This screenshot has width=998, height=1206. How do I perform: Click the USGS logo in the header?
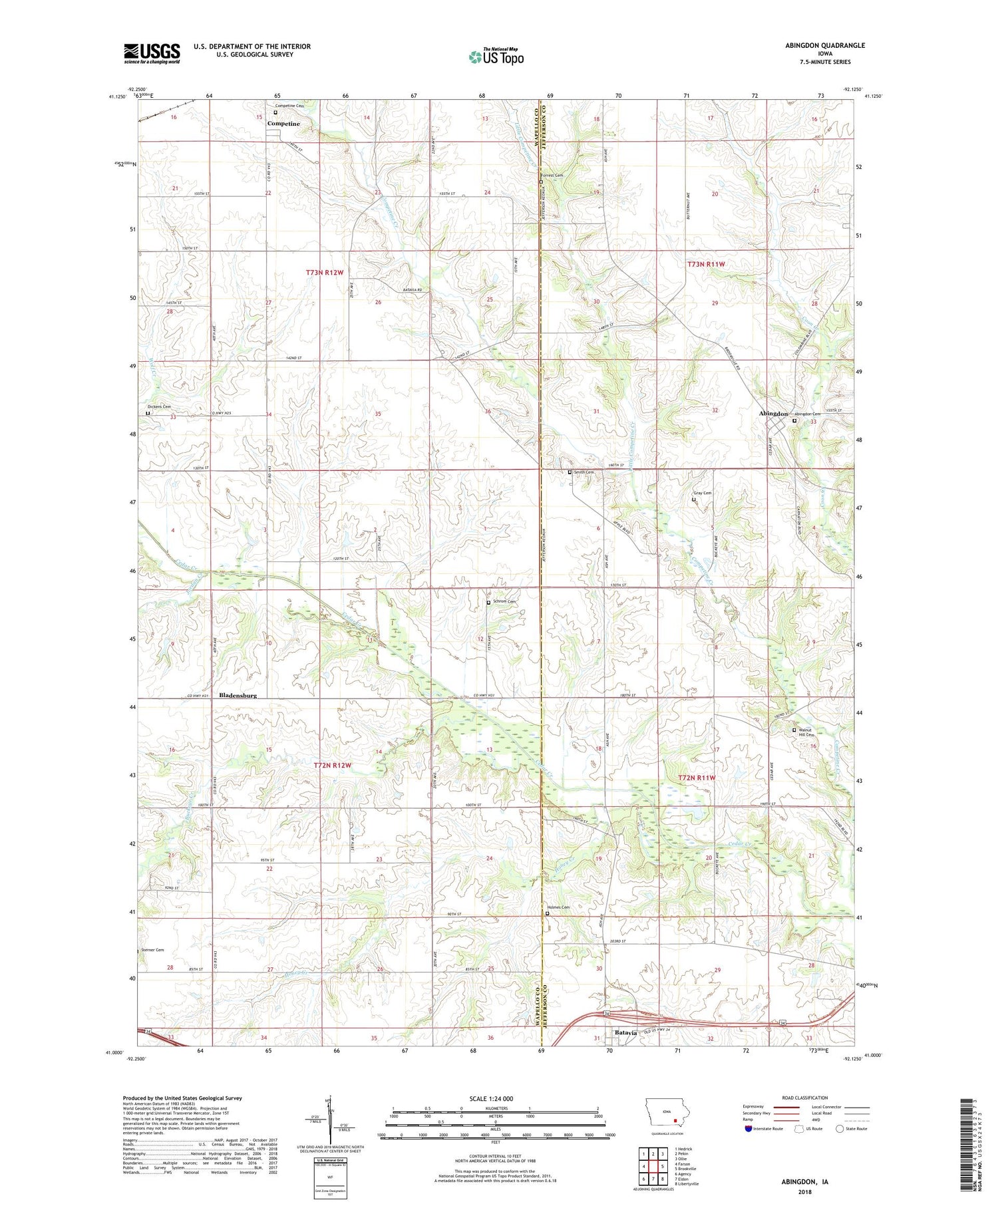tap(152, 53)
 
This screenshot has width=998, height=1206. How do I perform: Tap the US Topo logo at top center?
tap(496, 57)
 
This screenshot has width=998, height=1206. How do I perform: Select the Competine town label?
tap(283, 124)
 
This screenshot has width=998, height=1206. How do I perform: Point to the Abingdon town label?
tap(773, 414)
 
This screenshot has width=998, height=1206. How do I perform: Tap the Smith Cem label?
tap(583, 472)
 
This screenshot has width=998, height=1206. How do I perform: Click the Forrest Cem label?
tap(552, 176)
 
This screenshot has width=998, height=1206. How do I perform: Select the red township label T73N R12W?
tap(325, 273)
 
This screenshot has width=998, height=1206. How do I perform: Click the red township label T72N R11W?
tap(696, 778)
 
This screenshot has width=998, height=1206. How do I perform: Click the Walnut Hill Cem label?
tap(805, 732)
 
